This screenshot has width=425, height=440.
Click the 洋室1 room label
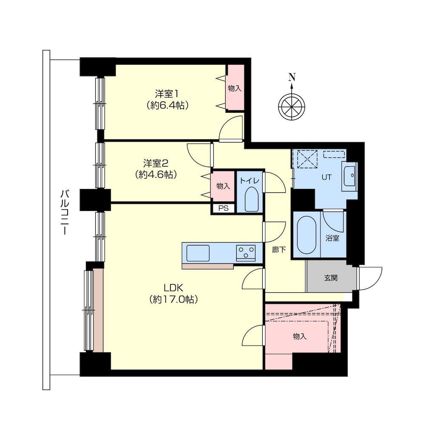coord(167,94)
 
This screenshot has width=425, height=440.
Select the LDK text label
coord(173,288)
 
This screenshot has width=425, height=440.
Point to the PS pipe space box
coord(223,208)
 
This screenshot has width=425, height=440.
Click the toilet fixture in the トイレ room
coord(252,198)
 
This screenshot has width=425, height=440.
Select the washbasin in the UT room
coord(349,176)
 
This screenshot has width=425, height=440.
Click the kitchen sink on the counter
coord(198,253)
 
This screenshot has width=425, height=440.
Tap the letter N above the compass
coord(292,77)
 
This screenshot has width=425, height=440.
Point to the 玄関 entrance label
coord(331,278)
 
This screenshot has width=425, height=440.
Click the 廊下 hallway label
coord(279,249)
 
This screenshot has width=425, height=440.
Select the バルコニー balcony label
coord(65,212)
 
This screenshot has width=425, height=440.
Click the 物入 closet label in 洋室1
coord(235,89)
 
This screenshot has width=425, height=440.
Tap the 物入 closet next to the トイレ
coord(223,186)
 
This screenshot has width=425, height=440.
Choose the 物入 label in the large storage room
coord(300,336)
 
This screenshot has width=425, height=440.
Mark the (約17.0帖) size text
coord(173,300)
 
